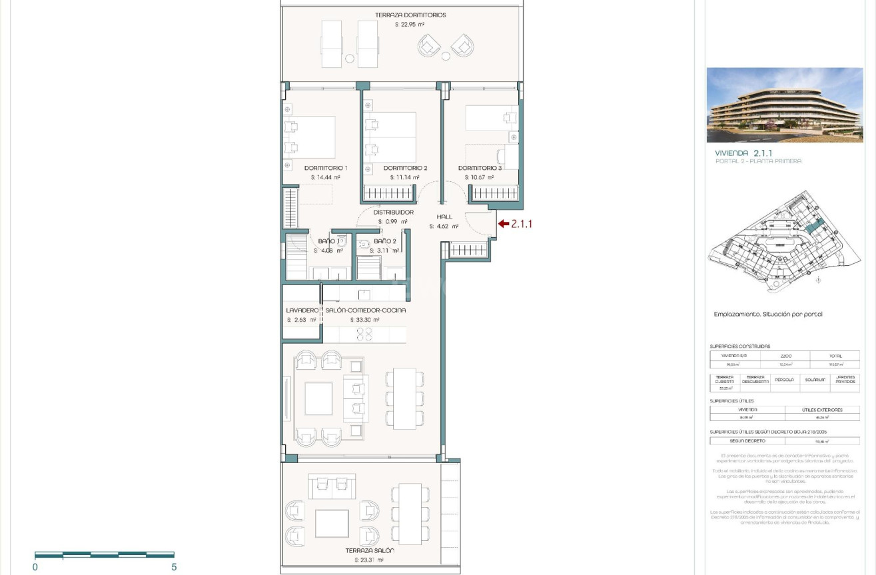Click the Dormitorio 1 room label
[326, 168]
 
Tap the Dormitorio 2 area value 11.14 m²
[404, 178]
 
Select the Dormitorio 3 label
[480, 168]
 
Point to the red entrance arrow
[503, 225]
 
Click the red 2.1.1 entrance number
[522, 225]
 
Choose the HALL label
[444, 217]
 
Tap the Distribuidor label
[393, 213]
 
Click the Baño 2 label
[385, 241]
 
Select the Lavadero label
[302, 310]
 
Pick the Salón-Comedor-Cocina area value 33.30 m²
[364, 320]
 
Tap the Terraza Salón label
[370, 551]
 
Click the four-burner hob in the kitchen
[364, 334]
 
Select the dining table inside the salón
[404, 398]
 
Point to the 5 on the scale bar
[174, 567]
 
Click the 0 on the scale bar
[35, 567]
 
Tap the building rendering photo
[784, 105]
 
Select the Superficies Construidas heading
[739, 346]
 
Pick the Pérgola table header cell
[784, 380]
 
